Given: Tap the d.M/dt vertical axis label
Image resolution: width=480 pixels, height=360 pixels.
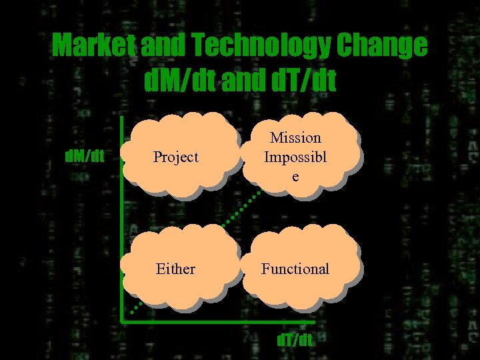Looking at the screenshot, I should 83,156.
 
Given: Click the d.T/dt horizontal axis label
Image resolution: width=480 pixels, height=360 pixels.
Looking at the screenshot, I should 294,340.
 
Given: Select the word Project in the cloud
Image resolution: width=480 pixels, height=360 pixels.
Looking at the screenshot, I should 176,157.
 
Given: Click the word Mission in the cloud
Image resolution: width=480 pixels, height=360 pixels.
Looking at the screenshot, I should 295,138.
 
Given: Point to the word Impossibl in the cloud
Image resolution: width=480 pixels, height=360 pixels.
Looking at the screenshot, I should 295,157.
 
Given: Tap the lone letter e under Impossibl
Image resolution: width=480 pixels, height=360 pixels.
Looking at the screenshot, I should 295,177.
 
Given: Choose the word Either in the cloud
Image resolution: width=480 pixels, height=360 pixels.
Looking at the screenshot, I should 175,269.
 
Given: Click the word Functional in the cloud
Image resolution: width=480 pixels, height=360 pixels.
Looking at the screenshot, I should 295,269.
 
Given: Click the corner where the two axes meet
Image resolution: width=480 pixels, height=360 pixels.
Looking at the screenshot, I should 123,323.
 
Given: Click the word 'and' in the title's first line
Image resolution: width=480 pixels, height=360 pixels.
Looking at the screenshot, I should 155,45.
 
